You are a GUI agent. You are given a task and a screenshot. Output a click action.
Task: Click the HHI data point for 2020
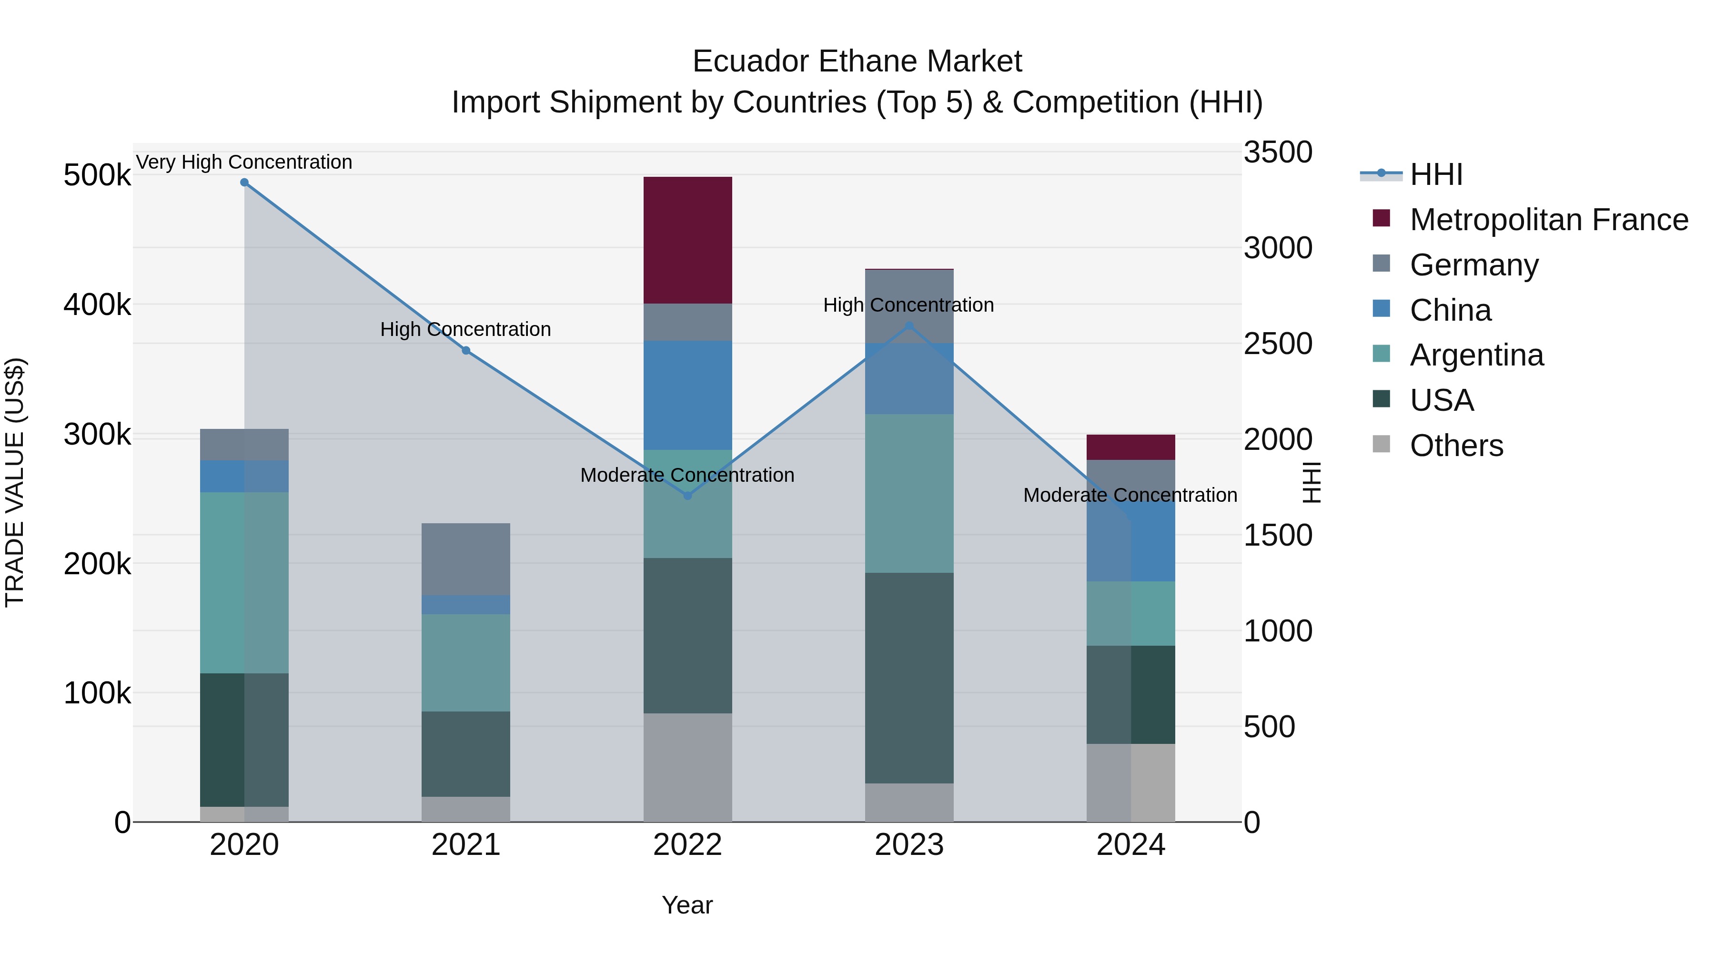coord(244,183)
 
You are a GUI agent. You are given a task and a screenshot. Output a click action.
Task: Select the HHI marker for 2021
coord(466,351)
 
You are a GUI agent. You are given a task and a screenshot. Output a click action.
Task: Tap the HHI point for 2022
coord(688,496)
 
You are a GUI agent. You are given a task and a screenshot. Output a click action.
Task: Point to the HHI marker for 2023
coord(909,325)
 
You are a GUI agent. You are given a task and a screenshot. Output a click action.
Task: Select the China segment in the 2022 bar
coord(688,396)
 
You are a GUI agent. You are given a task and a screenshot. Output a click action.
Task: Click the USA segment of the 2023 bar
coord(909,678)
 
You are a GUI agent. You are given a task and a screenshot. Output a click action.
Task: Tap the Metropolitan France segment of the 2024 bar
coord(1130,447)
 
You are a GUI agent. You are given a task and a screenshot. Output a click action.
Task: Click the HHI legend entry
coord(1436,174)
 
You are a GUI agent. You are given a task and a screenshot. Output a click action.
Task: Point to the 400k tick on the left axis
coord(97,305)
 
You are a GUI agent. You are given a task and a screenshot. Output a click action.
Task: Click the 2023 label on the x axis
coord(909,845)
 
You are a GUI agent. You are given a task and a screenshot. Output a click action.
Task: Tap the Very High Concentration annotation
coord(244,162)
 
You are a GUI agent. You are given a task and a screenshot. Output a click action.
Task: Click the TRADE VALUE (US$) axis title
coord(15,482)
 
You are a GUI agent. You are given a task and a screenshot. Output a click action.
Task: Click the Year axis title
coord(687,905)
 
